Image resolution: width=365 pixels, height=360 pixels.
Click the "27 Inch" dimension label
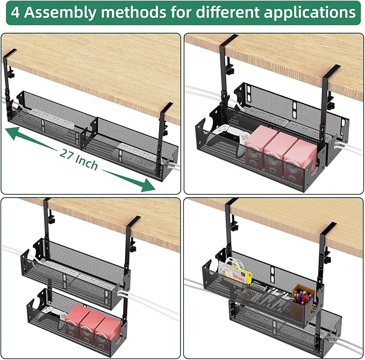coord(79,159)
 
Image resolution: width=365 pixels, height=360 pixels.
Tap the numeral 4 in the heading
coord(16,12)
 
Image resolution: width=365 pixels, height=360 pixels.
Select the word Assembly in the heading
coord(57,12)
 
